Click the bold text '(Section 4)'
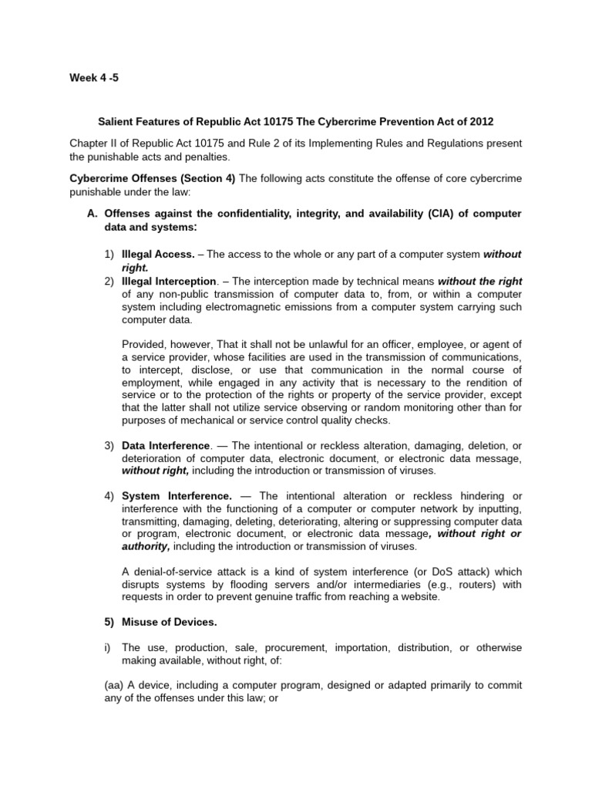click(208, 178)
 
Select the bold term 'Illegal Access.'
click(157, 253)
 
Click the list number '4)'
click(109, 495)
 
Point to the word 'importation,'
click(378, 647)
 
